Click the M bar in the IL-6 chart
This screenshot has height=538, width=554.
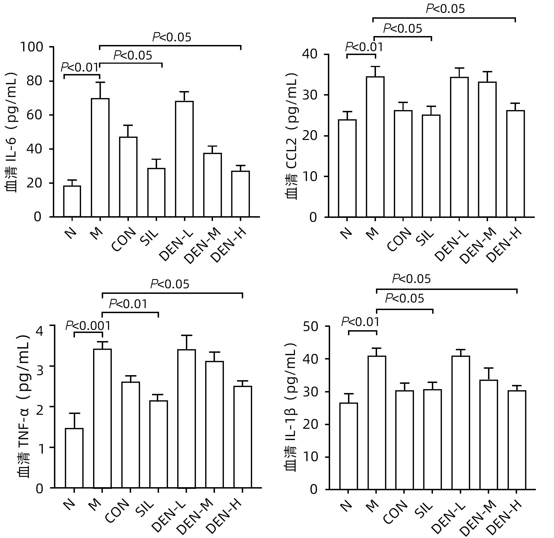[100, 158]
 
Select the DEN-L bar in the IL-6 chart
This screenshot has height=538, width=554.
[184, 159]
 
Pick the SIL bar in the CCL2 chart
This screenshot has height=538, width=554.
[431, 166]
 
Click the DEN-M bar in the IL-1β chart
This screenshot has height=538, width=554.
[489, 435]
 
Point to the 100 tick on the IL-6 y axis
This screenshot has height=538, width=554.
[35, 47]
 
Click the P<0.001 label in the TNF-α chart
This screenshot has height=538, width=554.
[88, 326]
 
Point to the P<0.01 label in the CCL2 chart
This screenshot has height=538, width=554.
[364, 47]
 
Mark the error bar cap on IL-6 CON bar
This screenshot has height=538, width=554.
[128, 125]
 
